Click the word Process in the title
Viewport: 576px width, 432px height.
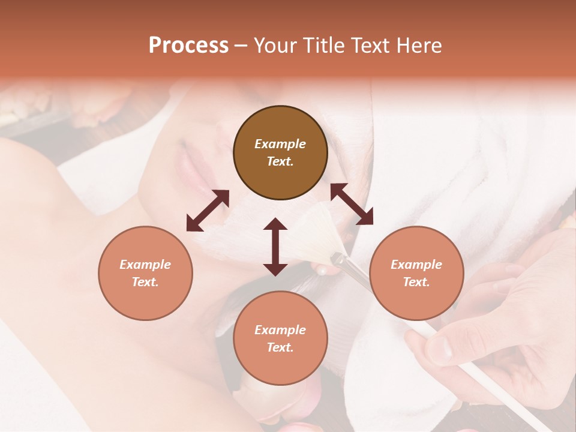click(188, 46)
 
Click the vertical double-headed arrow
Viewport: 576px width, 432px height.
click(275, 247)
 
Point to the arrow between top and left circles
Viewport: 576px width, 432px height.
click(208, 211)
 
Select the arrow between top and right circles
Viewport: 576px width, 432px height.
click(352, 204)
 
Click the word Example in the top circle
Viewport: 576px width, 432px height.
click(280, 144)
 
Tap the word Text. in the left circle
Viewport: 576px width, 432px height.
click(145, 282)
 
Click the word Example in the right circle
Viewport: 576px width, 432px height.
click(416, 265)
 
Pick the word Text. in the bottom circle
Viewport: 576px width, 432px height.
click(280, 347)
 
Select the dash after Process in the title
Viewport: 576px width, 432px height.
click(241, 46)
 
